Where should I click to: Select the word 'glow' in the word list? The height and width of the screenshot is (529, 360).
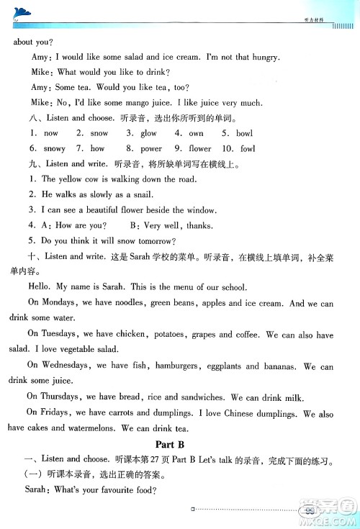(x=148, y=133)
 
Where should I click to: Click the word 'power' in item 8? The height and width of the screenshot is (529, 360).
(x=151, y=148)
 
